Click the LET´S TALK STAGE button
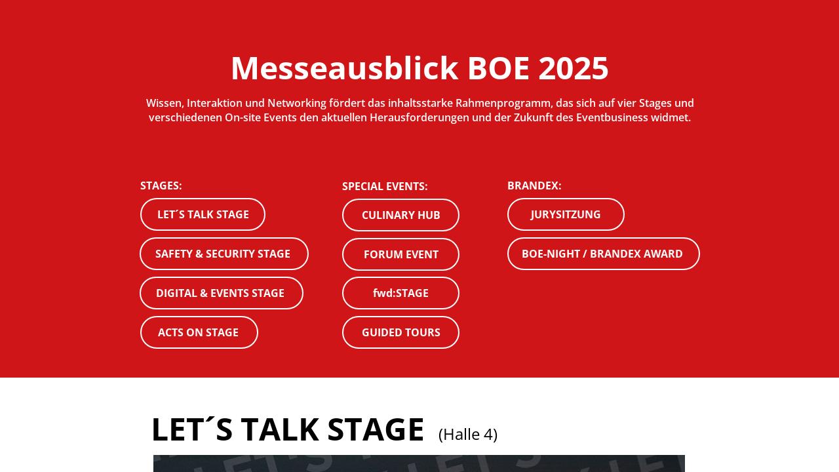203,214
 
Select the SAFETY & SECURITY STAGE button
224,254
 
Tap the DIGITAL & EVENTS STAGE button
221,293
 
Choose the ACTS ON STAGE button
199,332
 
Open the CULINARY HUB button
400,215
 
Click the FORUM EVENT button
400,254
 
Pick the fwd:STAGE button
400,293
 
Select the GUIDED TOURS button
400,332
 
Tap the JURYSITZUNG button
566,214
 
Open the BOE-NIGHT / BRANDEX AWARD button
603,254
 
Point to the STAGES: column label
161,186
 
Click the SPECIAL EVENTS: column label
385,186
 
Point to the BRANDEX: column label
534,186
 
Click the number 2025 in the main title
574,68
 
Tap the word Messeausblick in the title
344,68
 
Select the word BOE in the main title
498,68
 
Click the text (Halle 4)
468,434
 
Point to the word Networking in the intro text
297,103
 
